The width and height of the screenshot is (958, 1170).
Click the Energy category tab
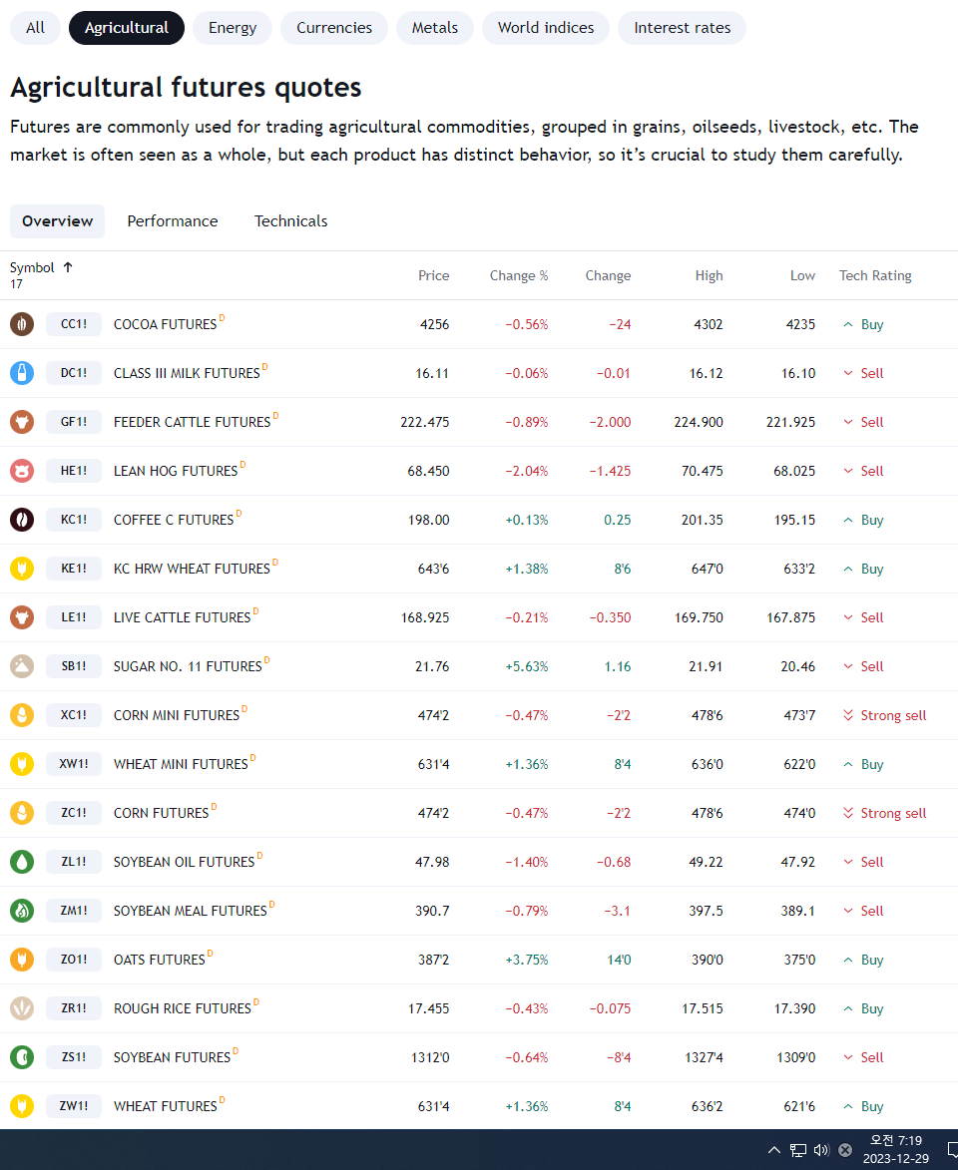coord(233,28)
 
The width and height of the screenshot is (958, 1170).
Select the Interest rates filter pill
coord(682,28)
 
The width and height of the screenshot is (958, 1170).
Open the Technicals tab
coord(290,220)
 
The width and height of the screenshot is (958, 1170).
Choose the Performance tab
coord(173,220)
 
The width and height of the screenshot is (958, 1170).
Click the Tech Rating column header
coord(875,275)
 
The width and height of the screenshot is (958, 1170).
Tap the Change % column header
coord(519,275)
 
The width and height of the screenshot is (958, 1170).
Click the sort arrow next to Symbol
coord(68,267)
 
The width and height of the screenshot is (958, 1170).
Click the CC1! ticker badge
coord(73,324)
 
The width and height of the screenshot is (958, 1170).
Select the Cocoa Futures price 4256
coord(434,324)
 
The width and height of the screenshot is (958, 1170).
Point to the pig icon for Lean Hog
coord(22,471)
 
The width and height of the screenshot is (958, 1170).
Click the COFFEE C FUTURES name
coord(174,520)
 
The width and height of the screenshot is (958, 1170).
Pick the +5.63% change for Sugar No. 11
coord(527,666)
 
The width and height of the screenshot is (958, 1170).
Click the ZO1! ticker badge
coord(73,959)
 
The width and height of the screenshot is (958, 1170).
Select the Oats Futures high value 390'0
coord(708,960)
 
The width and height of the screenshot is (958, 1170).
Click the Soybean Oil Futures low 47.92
coord(798,862)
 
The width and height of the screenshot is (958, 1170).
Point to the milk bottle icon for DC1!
coord(22,373)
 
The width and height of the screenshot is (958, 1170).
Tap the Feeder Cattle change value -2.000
coord(610,422)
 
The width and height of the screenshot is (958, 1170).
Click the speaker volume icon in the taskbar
coord(821,1150)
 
